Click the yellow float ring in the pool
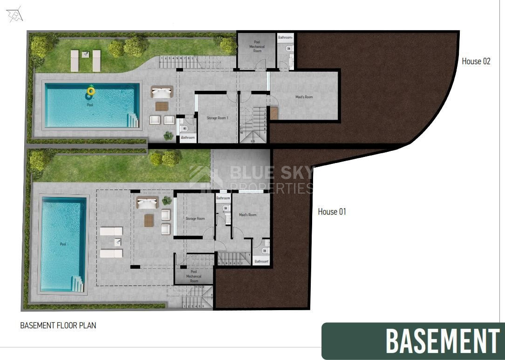[x=90, y=91]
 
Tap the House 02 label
[x=476, y=61]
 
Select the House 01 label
[x=332, y=212]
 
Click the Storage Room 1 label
[x=217, y=118]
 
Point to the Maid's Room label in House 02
[x=304, y=97]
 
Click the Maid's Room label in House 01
[x=247, y=215]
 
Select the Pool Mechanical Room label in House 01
[x=194, y=276]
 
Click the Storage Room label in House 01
[x=195, y=218]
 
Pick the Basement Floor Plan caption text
[x=58, y=326]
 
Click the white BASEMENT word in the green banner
[x=442, y=341]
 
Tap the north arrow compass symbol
[x=15, y=15]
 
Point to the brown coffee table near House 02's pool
[x=161, y=106]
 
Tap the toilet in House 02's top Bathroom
[x=289, y=48]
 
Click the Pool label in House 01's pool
[x=63, y=244]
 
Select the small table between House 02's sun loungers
[x=86, y=54]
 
